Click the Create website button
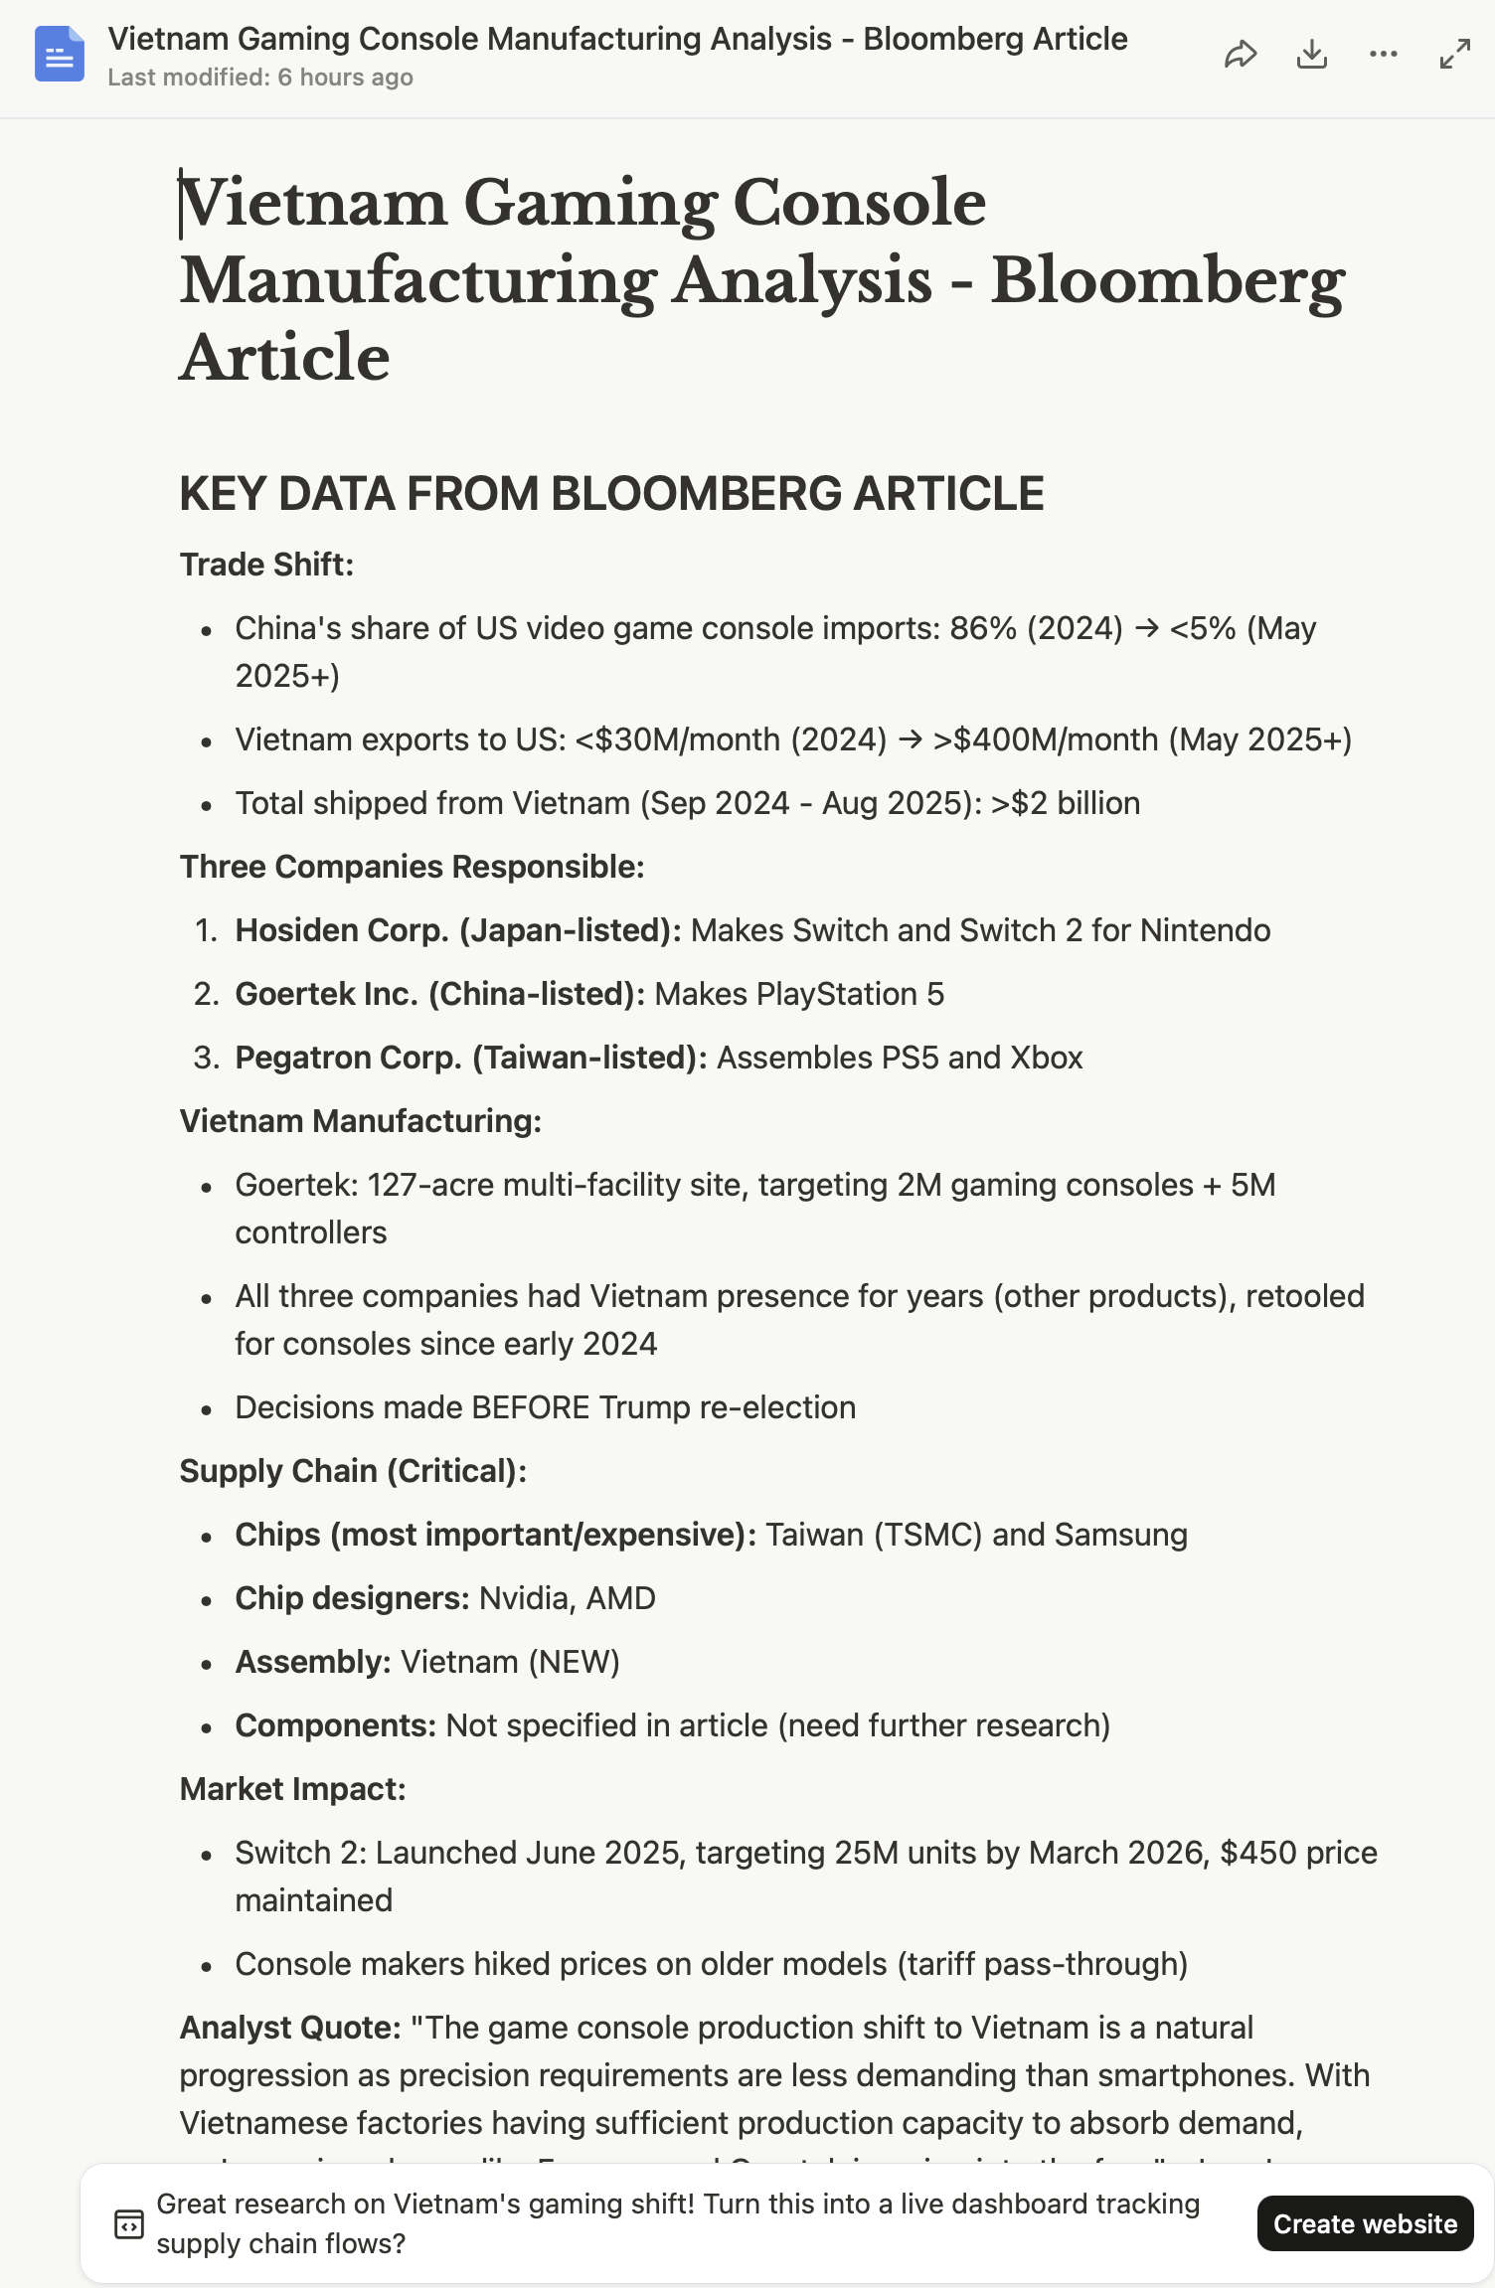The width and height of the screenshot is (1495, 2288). click(x=1364, y=2223)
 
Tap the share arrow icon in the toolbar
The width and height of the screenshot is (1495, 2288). click(x=1240, y=55)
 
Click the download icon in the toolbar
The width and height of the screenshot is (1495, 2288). click(x=1312, y=55)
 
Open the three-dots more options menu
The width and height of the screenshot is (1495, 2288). click(x=1383, y=55)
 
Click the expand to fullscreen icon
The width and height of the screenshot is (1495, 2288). click(x=1454, y=55)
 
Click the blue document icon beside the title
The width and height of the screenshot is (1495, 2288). click(x=60, y=54)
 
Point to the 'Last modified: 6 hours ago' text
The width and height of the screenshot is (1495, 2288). click(x=260, y=78)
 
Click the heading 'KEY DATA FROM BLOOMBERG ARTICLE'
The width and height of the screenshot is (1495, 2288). click(x=611, y=494)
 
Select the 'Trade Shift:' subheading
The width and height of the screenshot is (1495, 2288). click(x=266, y=565)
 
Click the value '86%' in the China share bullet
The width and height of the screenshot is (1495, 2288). click(x=983, y=628)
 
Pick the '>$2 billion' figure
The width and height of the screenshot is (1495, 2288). click(x=1066, y=803)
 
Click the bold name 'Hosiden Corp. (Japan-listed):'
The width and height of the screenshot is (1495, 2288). click(x=457, y=930)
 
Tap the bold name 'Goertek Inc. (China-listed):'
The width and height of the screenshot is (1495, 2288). click(x=439, y=994)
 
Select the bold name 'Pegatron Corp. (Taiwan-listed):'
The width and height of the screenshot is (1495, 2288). click(x=470, y=1058)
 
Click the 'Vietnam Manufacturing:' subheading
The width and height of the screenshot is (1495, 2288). click(x=360, y=1121)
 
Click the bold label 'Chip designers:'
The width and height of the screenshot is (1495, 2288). click(x=352, y=1598)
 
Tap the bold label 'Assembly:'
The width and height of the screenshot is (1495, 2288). click(x=313, y=1662)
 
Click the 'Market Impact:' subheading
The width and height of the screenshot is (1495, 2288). click(x=292, y=1789)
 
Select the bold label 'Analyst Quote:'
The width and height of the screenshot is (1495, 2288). click(x=289, y=2028)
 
